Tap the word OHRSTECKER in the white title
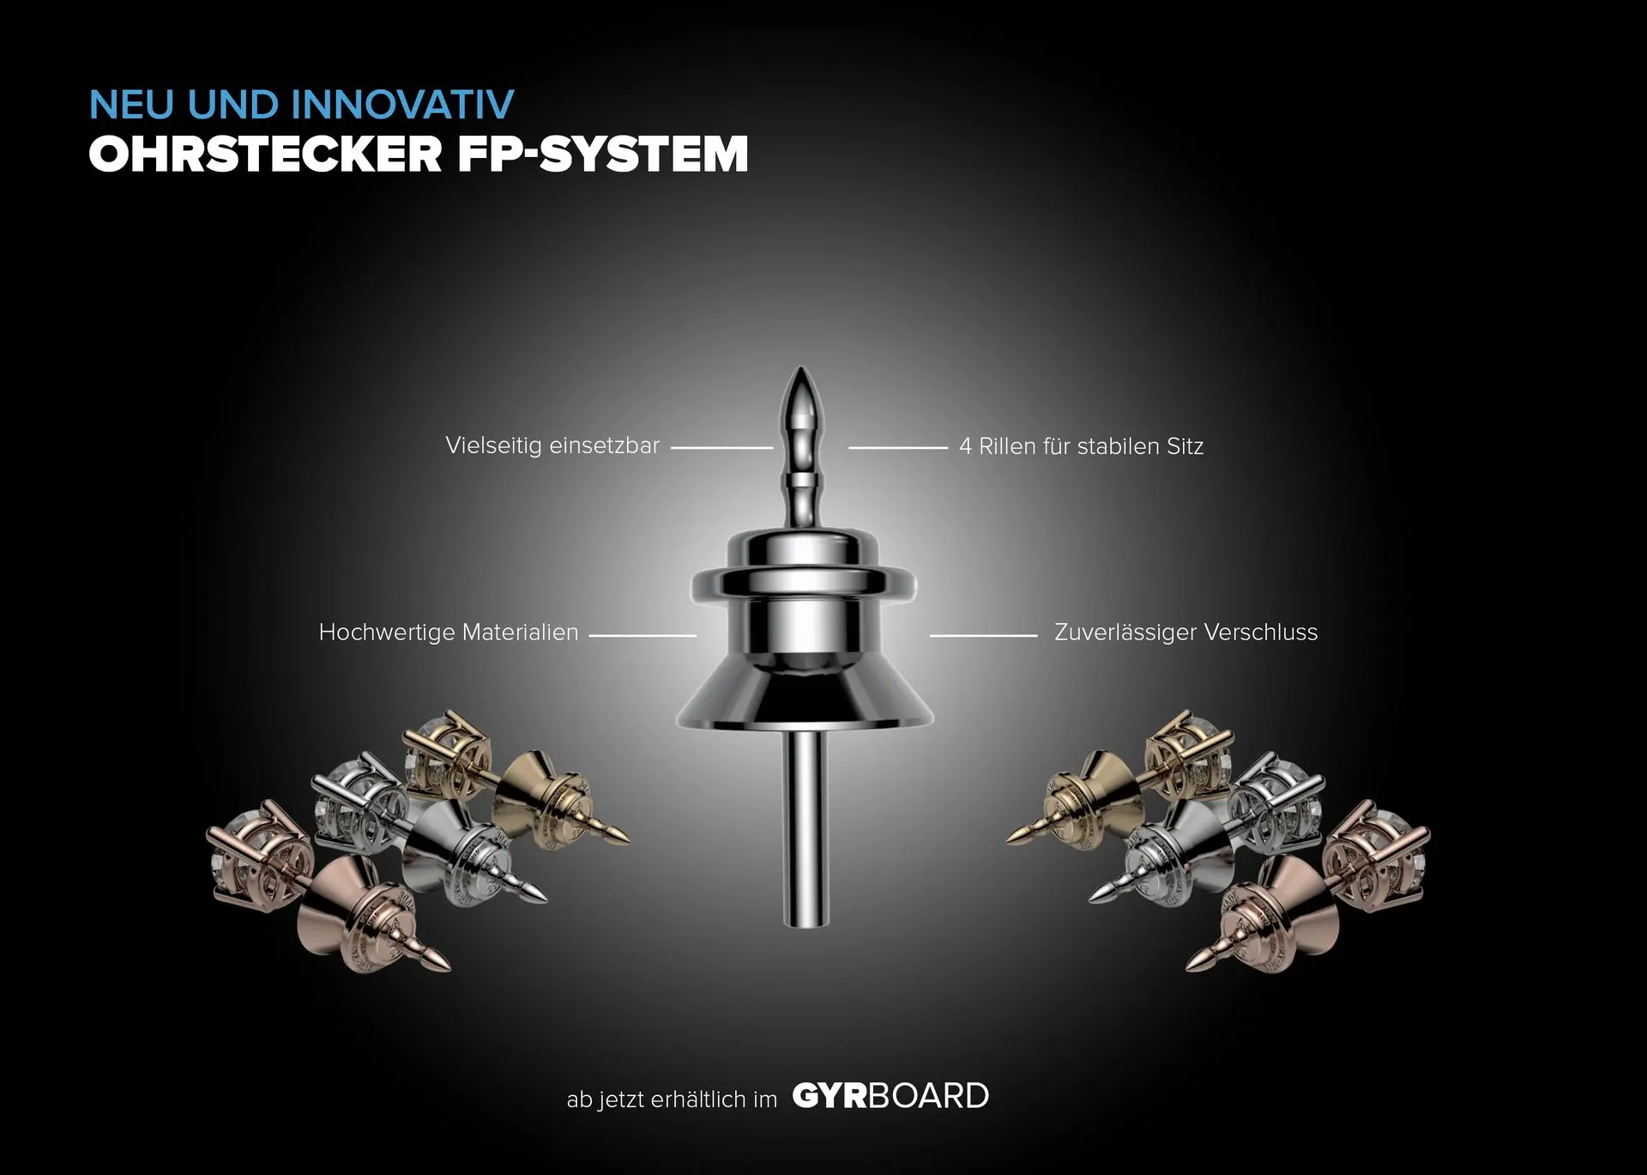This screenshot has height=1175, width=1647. (x=265, y=154)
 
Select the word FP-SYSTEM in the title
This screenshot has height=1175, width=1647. (x=602, y=154)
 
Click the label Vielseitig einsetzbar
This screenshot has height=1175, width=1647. (x=552, y=445)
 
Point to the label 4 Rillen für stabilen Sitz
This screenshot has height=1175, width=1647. (x=1081, y=446)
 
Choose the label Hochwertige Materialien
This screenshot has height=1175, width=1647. (x=449, y=633)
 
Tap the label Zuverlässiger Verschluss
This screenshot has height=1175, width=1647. (x=1185, y=633)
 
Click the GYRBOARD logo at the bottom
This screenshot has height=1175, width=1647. (x=890, y=1096)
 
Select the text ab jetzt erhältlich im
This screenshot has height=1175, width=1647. (x=672, y=1099)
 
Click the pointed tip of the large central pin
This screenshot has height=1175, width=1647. (x=800, y=369)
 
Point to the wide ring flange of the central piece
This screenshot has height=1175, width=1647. (x=803, y=584)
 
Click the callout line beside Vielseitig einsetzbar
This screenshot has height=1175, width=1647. (x=721, y=447)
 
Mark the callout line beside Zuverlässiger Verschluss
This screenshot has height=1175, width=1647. (x=983, y=636)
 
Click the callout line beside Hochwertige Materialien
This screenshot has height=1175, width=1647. (x=643, y=636)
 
